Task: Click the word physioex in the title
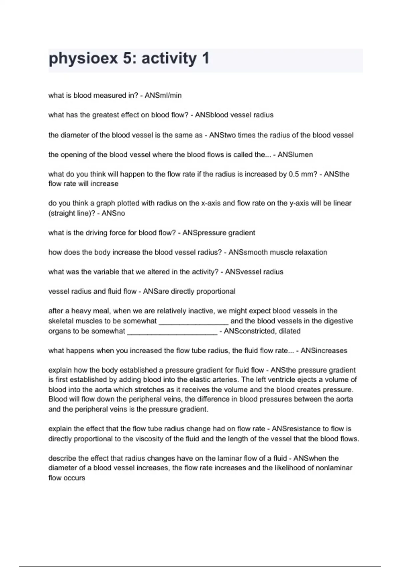point(83,59)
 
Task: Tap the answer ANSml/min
point(163,95)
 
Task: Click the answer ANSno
point(113,213)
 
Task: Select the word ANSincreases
point(324,351)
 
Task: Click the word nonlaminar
point(334,468)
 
